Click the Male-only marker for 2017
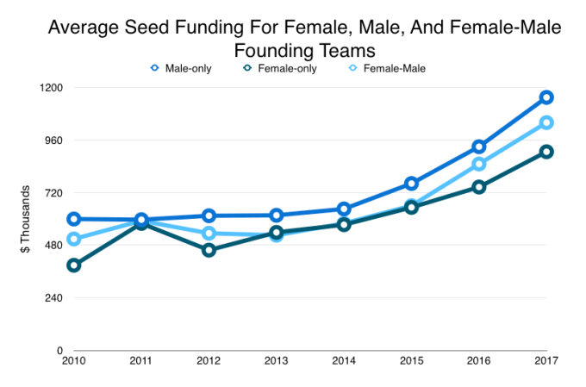546,97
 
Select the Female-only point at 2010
74,265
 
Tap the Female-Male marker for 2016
479,165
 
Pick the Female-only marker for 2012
209,250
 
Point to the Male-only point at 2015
412,184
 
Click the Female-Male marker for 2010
74,240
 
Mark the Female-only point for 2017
546,152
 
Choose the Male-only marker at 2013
277,215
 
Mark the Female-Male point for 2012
209,234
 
